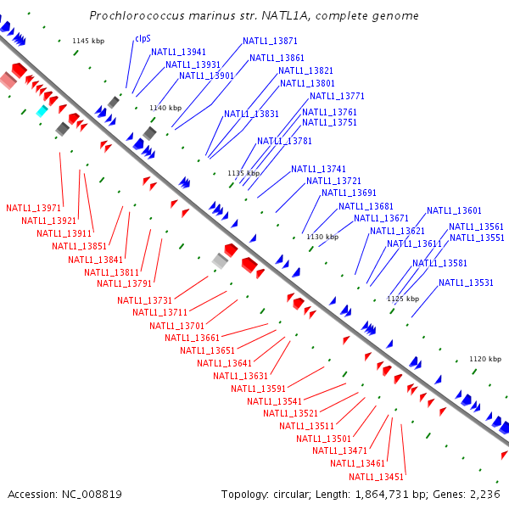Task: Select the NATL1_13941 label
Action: click(178, 52)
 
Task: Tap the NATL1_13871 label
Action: click(270, 41)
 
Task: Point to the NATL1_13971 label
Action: click(34, 208)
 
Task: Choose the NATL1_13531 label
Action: click(467, 282)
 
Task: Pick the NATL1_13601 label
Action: click(454, 210)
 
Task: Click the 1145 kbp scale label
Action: click(87, 41)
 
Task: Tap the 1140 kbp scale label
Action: click(165, 108)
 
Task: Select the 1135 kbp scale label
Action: click(243, 173)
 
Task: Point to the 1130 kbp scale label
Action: click(322, 237)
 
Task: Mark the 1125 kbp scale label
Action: click(403, 299)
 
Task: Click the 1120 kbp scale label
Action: click(485, 359)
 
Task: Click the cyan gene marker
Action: click(42, 111)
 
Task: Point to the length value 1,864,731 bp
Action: click(400, 494)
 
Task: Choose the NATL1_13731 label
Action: click(145, 300)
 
